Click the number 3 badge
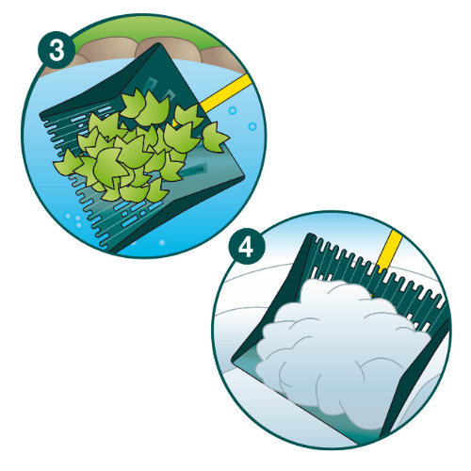[57, 50]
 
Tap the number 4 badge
[246, 247]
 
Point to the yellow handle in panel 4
[389, 252]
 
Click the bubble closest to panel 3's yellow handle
[233, 110]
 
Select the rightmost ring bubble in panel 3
[252, 126]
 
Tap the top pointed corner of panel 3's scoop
[159, 43]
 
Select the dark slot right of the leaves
[195, 171]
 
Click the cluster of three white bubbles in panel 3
[74, 219]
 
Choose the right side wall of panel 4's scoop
[414, 377]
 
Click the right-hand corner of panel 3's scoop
[243, 177]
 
